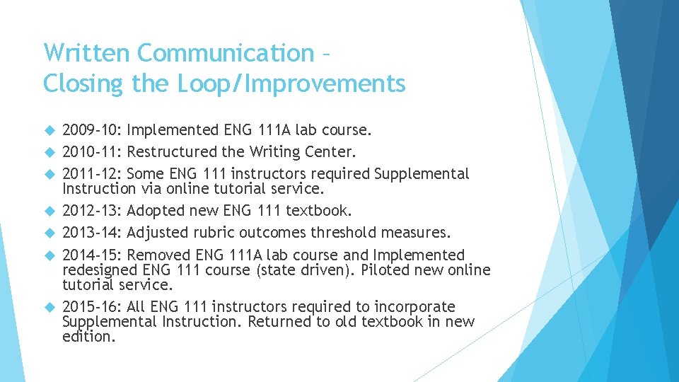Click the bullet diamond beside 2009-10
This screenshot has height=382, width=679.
tap(49, 130)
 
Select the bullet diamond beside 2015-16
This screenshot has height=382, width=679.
tap(49, 307)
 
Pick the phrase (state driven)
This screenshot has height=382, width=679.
tap(305, 270)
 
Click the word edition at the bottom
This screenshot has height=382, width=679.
tap(88, 337)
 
